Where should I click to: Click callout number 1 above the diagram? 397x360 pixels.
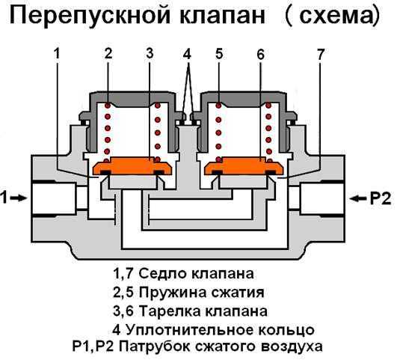click(x=56, y=54)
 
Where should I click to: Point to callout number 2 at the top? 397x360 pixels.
click(x=108, y=54)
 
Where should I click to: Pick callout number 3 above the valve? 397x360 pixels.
click(x=150, y=54)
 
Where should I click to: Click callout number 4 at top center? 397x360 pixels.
click(x=187, y=54)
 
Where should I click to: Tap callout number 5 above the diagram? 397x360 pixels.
click(x=218, y=54)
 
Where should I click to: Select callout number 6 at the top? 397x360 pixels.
click(x=260, y=54)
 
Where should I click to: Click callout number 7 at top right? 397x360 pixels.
click(x=321, y=54)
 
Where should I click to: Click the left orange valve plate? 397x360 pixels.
click(x=132, y=167)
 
